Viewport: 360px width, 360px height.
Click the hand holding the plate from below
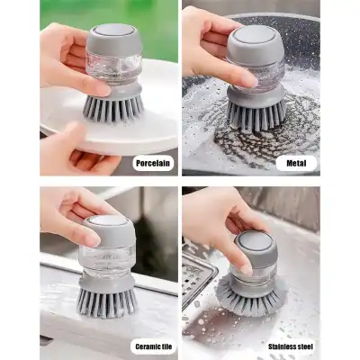point(72,149)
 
